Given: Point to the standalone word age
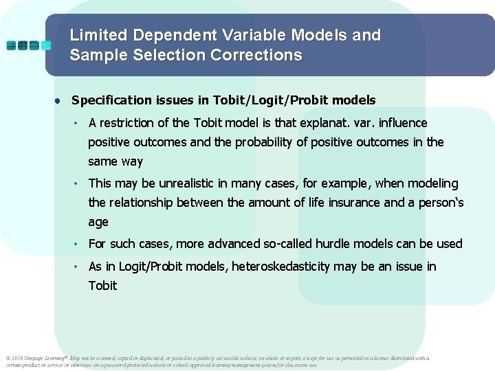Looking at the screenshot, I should tap(98, 223).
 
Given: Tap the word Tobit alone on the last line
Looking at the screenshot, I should tap(102, 285).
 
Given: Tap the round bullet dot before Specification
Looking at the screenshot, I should tap(60, 100).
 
